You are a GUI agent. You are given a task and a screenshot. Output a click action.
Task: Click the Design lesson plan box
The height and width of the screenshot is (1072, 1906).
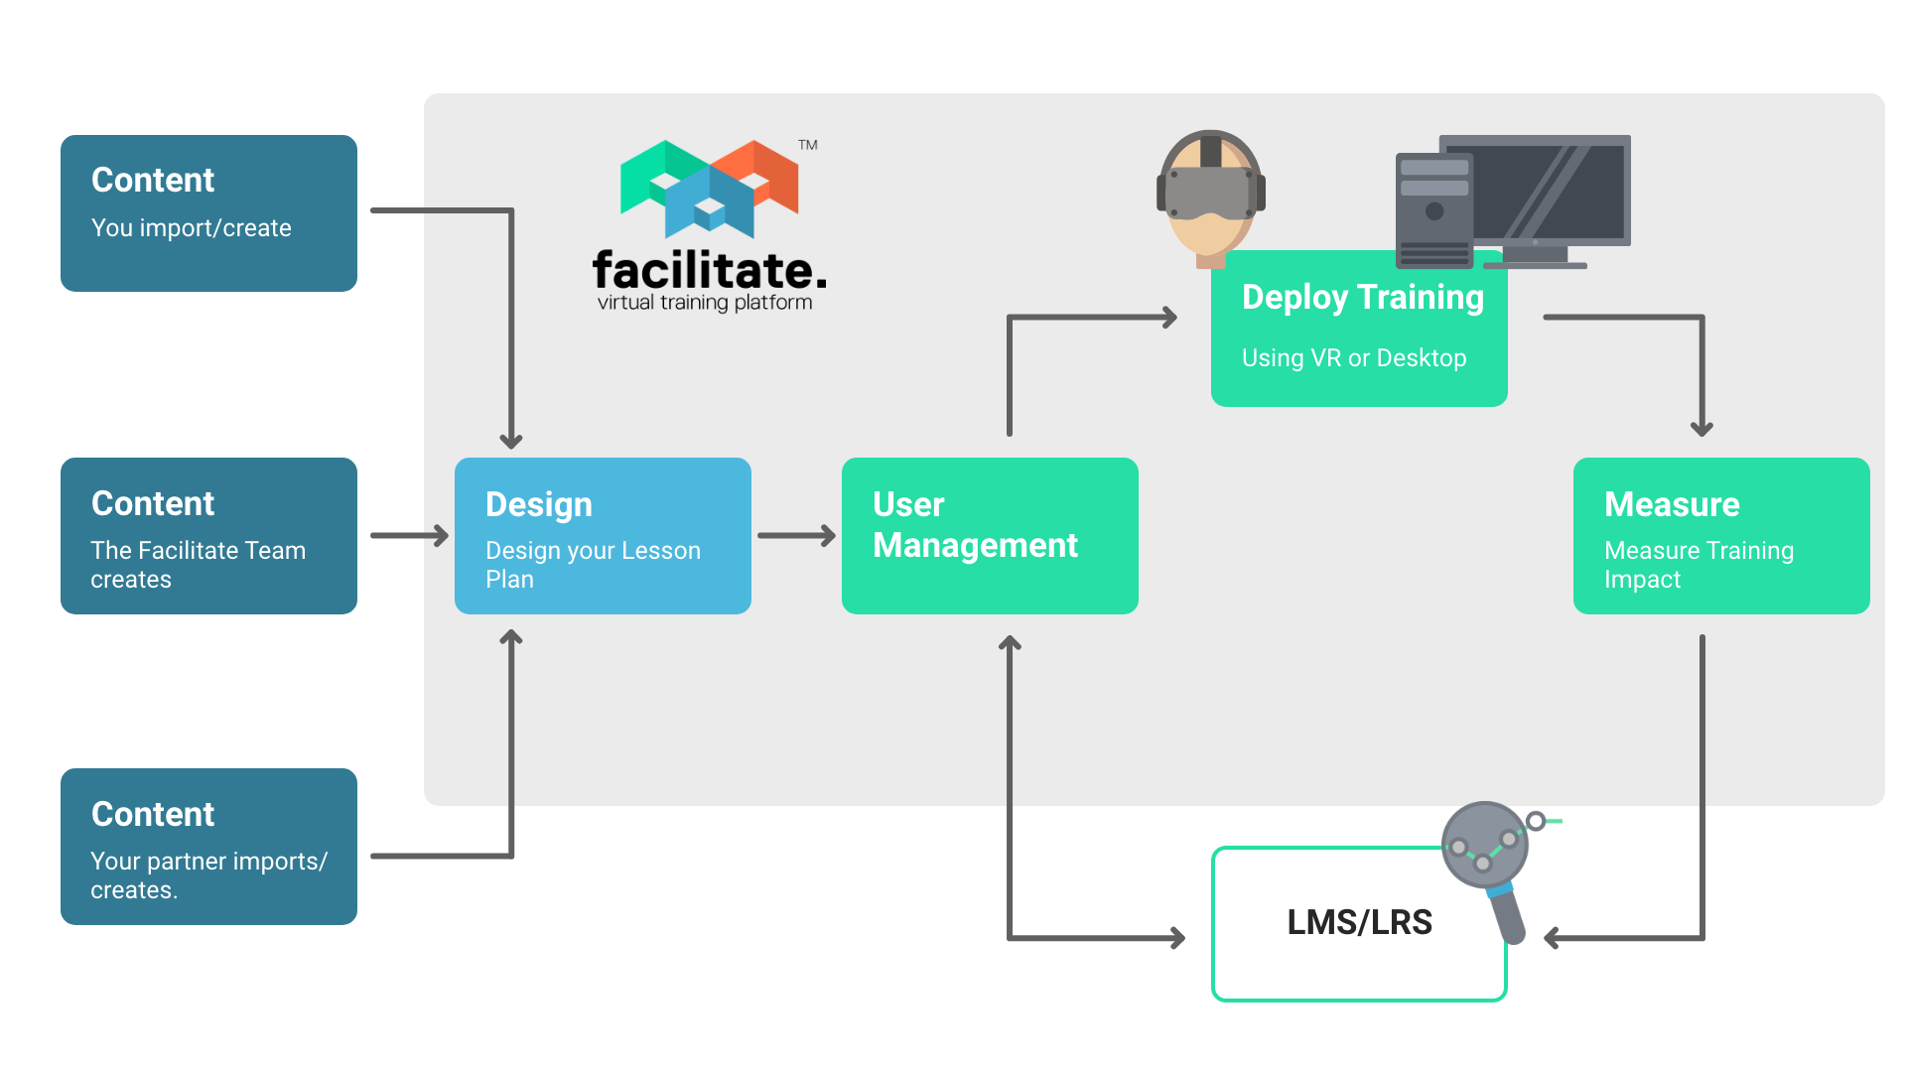point(603,536)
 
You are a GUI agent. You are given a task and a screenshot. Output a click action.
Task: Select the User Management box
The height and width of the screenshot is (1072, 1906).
point(990,536)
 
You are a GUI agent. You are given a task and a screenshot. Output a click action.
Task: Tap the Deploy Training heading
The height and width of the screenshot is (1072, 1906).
point(1362,297)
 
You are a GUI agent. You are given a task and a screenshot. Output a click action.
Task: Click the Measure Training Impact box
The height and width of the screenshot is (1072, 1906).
point(1721,536)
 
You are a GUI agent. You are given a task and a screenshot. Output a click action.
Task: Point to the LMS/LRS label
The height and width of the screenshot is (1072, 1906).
point(1359,922)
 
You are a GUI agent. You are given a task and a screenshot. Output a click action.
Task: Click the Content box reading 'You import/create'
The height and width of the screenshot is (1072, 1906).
point(208,213)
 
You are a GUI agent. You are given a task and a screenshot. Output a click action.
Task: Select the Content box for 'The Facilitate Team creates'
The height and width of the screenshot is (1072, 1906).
point(208,536)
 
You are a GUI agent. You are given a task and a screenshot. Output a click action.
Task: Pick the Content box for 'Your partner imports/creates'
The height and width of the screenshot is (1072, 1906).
point(208,847)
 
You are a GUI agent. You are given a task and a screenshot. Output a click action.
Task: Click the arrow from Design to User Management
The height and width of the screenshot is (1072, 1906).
point(796,536)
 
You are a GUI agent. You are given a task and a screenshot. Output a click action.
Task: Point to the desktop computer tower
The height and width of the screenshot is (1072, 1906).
point(1433,210)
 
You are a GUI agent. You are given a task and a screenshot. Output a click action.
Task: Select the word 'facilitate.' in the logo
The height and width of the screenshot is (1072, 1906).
point(709,269)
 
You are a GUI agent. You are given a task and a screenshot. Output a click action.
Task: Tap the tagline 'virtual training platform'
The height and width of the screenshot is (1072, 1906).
point(705,303)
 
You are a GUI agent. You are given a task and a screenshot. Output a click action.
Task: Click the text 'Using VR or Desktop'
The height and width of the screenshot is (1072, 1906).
point(1354,358)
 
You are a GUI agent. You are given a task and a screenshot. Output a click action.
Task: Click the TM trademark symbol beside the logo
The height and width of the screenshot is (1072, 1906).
point(808,145)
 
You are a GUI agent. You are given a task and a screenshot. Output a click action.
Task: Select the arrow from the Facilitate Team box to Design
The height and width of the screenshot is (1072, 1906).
point(410,536)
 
